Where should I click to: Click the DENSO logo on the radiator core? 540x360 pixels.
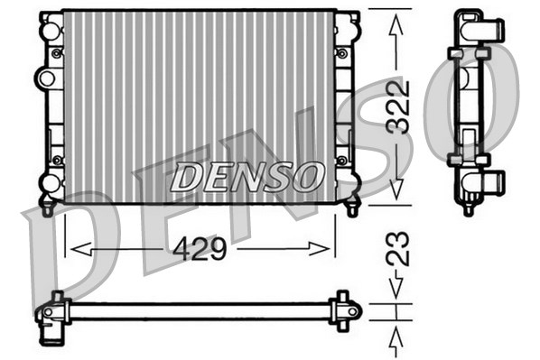pyautogui.click(x=247, y=177)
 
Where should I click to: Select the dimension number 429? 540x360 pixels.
pyautogui.click(x=200, y=248)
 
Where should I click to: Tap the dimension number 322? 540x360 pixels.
pyautogui.click(x=397, y=106)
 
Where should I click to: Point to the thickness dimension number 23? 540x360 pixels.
pyautogui.click(x=397, y=248)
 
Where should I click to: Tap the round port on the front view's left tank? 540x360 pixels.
pyautogui.click(x=44, y=76)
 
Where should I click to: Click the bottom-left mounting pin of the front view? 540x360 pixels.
pyautogui.click(x=47, y=208)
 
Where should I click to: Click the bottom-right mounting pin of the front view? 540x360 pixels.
pyautogui.click(x=353, y=208)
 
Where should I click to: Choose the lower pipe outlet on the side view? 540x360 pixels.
pyautogui.click(x=492, y=186)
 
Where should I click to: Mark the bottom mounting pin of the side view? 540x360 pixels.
pyautogui.click(x=468, y=209)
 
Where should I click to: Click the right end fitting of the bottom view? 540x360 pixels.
pyautogui.click(x=345, y=310)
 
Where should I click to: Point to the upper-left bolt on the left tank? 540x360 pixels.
pyautogui.click(x=57, y=53)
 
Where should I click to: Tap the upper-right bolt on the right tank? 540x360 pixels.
pyautogui.click(x=343, y=53)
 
